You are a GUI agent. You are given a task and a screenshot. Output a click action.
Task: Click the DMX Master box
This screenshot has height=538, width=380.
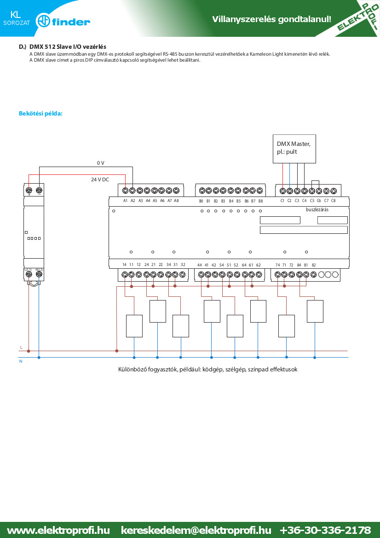(294, 149)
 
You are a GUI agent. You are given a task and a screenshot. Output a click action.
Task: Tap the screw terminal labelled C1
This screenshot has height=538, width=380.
(282, 191)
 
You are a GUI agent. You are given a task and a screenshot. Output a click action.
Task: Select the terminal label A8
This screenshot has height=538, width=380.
(176, 201)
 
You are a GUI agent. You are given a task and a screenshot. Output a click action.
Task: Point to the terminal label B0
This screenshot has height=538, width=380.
(201, 201)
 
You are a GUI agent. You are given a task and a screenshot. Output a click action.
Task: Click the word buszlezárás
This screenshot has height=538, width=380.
(317, 210)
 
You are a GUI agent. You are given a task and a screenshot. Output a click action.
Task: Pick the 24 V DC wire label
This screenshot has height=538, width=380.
(100, 179)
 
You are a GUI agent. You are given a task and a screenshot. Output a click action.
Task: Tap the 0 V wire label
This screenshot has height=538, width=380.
(100, 163)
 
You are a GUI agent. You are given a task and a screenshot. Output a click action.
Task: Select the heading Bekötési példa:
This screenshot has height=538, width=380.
(41, 113)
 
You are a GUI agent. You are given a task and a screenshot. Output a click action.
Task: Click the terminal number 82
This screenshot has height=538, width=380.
(313, 265)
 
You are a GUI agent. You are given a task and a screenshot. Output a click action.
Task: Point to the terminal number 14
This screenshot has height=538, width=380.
(125, 265)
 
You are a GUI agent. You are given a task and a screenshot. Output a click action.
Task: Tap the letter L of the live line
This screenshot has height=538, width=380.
(21, 347)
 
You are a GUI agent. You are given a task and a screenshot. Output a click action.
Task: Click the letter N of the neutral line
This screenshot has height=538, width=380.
(21, 361)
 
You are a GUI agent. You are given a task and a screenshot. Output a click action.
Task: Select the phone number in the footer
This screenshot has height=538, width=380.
(325, 530)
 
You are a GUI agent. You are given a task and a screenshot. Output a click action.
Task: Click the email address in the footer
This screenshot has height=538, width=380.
(196, 530)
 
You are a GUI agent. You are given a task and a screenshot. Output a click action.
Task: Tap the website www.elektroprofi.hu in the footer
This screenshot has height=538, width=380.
(58, 530)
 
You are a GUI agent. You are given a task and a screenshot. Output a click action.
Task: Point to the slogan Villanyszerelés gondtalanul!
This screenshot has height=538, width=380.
(271, 19)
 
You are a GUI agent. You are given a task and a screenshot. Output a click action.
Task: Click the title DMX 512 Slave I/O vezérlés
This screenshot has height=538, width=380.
(68, 46)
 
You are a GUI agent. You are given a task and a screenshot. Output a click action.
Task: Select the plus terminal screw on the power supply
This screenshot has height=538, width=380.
(29, 190)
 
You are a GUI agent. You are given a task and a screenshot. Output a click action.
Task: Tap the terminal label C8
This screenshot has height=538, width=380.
(333, 201)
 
